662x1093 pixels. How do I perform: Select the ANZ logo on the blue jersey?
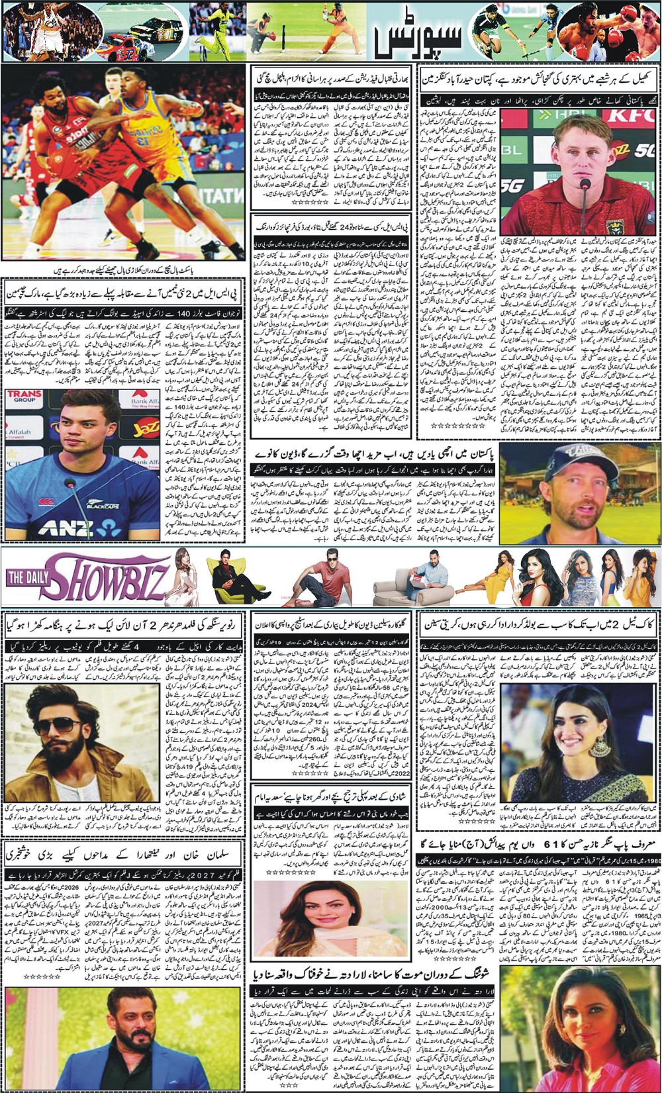[66, 528]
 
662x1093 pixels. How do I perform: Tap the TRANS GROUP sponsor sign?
[24, 397]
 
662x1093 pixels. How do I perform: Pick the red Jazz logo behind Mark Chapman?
[145, 428]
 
